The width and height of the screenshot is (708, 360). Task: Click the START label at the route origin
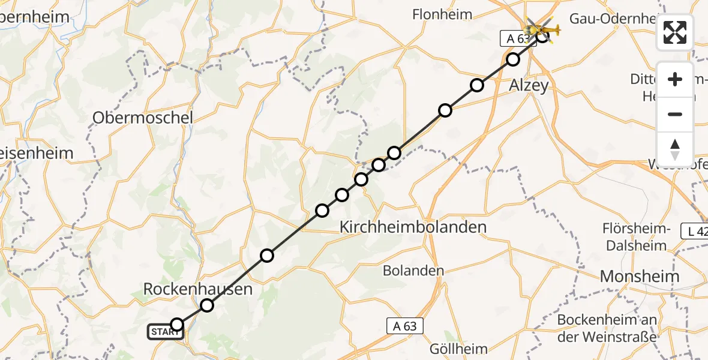tap(165, 332)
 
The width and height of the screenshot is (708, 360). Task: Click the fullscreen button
tap(675, 32)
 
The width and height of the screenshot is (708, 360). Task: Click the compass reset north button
tap(675, 149)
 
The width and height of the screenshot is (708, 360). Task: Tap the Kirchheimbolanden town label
tap(413, 227)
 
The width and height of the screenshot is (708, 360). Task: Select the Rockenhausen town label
tap(197, 290)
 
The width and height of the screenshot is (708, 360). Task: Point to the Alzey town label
tap(529, 85)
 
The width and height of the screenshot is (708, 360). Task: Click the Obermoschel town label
tap(143, 118)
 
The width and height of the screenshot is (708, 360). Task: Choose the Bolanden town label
tap(414, 270)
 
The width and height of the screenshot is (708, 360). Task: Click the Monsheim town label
tap(640, 276)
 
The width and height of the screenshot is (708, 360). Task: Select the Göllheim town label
tap(459, 348)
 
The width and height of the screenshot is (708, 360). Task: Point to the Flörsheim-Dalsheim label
tap(637, 237)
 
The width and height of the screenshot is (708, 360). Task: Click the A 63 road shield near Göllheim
tap(405, 326)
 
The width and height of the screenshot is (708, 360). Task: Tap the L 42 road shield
tap(695, 230)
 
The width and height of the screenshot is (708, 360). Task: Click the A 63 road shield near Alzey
tap(515, 39)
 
